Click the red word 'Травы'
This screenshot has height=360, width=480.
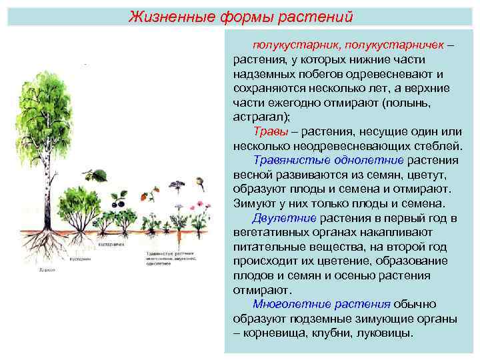click(x=270, y=131)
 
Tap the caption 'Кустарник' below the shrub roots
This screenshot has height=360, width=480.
click(x=80, y=259)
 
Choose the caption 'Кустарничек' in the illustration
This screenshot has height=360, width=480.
click(x=111, y=245)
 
